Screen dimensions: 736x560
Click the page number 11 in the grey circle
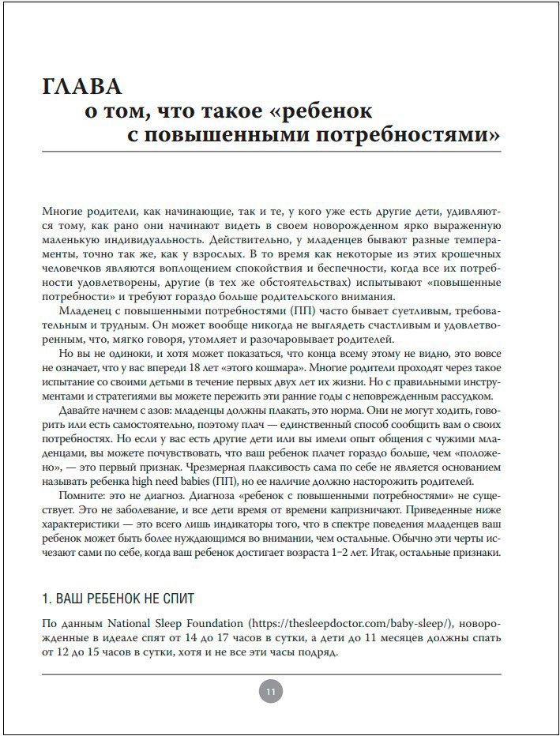click(x=270, y=692)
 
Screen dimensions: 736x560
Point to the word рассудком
click(x=469, y=396)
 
